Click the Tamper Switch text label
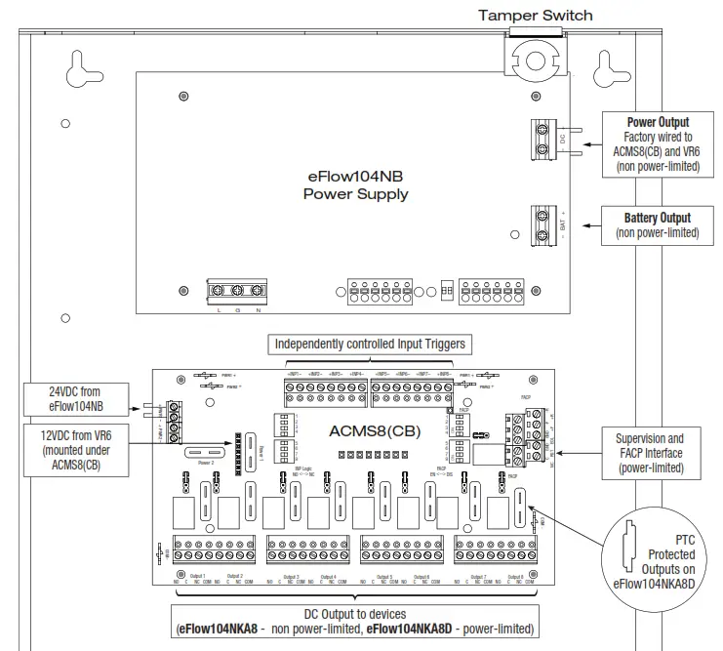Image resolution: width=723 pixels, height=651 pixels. pyautogui.click(x=534, y=15)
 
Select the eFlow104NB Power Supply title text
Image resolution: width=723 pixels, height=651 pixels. pyautogui.click(x=355, y=185)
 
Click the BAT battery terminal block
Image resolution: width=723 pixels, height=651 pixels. pyautogui.click(x=542, y=222)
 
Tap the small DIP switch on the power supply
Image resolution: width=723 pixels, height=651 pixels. pyautogui.click(x=447, y=291)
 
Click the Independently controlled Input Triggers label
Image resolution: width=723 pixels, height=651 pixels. pyautogui.click(x=369, y=344)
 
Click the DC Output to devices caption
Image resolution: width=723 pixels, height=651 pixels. pyautogui.click(x=355, y=621)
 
